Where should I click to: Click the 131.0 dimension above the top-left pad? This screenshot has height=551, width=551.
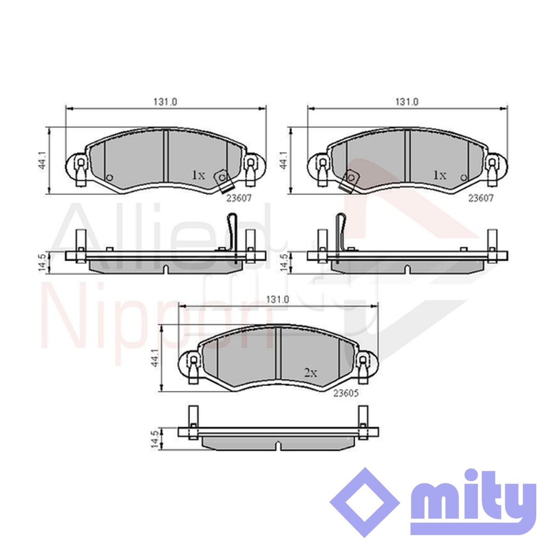pos(165,102)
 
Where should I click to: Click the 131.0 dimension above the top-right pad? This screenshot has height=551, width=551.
pos(407,102)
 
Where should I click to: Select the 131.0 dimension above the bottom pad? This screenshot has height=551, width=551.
pos(278,299)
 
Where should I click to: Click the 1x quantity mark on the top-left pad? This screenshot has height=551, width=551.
pos(198,175)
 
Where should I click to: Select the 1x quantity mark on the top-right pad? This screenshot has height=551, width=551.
pos(440,175)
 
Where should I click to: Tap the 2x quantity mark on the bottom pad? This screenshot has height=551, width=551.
pos(310,372)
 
